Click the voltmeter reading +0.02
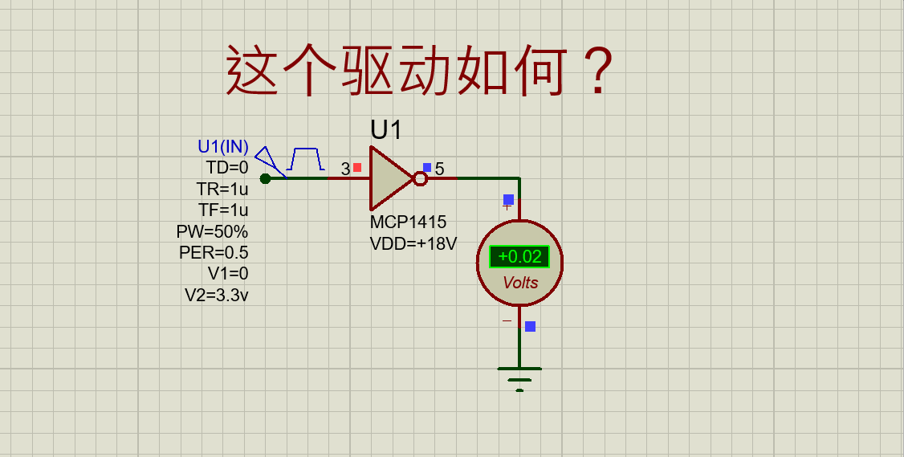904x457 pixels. point(519,257)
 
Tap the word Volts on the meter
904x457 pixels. point(520,283)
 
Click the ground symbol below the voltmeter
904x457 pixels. point(519,375)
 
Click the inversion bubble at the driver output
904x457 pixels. point(420,178)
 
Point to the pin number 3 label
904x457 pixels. point(345,169)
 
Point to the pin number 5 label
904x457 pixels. point(439,169)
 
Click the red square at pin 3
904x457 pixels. point(357,167)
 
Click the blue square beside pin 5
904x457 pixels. point(427,167)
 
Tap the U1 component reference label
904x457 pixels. point(385,130)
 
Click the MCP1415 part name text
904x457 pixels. point(408,222)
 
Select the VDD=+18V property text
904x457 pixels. point(413,243)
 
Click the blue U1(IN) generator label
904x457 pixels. point(223,147)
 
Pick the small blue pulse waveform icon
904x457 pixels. point(306,159)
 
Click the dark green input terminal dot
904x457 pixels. point(265,178)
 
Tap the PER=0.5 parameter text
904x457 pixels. point(214,252)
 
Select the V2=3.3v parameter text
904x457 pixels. point(217,295)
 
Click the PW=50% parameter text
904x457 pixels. point(213,231)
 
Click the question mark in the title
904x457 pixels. point(597,71)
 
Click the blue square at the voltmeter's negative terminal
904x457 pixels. point(530,326)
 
